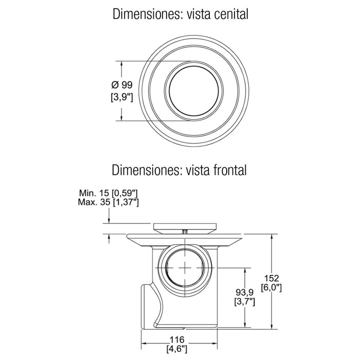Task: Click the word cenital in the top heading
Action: point(231,14)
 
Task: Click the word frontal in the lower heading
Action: point(229,170)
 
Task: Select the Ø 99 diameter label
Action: point(122,85)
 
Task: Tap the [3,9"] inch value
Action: point(122,97)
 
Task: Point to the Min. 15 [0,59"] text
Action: point(109,193)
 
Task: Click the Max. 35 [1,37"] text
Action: point(109,202)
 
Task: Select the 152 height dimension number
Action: point(272,278)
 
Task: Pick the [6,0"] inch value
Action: point(272,287)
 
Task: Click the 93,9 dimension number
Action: point(245,292)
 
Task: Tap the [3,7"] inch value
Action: point(245,302)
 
